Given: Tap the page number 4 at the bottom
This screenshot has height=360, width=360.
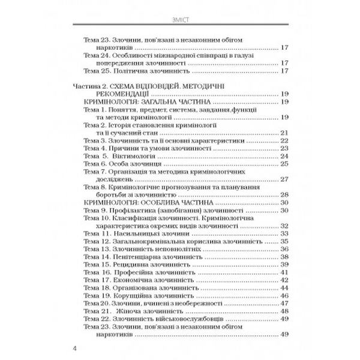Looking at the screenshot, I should pos(74,348).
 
